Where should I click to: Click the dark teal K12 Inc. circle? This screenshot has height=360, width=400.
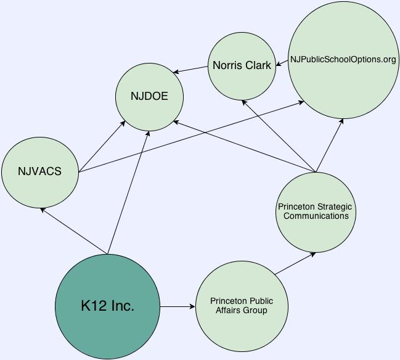click(107, 306)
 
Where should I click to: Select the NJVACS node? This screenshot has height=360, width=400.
click(40, 171)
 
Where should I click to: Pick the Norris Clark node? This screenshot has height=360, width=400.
click(242, 65)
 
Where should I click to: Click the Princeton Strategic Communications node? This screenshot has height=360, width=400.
click(316, 211)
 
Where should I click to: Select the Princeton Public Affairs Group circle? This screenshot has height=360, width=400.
click(241, 306)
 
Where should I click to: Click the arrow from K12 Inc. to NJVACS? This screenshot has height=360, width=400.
click(74, 231)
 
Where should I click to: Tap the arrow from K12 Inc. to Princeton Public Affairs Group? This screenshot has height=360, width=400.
click(178, 306)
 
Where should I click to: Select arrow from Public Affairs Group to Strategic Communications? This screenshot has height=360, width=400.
click(295, 263)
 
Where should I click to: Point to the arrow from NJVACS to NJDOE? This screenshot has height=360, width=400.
click(102, 147)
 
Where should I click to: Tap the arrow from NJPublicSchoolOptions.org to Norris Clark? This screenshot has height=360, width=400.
click(282, 62)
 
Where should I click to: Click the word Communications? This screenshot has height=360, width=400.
click(316, 216)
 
